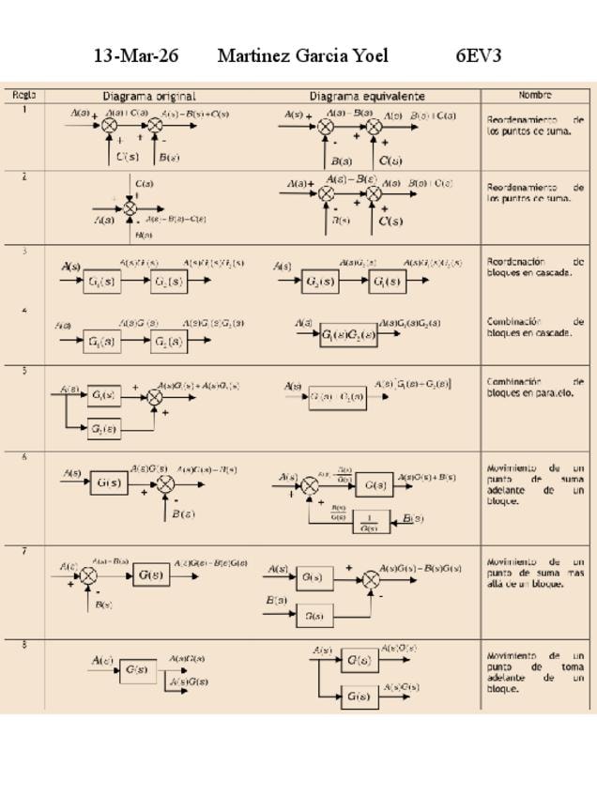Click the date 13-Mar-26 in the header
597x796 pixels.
(x=136, y=56)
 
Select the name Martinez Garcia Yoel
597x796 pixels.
(x=302, y=56)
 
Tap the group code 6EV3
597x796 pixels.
(x=479, y=56)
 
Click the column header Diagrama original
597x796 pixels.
(x=149, y=96)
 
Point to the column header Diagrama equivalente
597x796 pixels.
(x=367, y=96)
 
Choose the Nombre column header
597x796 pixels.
(x=535, y=95)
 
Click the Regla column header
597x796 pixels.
(x=23, y=95)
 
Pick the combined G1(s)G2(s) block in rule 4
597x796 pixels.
(x=347, y=335)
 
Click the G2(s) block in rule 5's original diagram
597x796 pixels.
(x=104, y=429)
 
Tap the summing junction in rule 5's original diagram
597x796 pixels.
(x=156, y=398)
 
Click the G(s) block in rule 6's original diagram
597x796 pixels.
(x=109, y=483)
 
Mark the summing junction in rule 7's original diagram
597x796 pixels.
(x=88, y=575)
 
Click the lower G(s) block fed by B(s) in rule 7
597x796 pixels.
(x=314, y=617)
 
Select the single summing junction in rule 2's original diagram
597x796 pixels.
(x=130, y=207)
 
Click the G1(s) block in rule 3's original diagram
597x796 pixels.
(x=101, y=282)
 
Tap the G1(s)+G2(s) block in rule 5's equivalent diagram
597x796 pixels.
(x=337, y=396)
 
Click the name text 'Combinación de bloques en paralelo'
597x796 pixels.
(x=535, y=388)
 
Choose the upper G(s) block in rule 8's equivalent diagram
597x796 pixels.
(x=359, y=661)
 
